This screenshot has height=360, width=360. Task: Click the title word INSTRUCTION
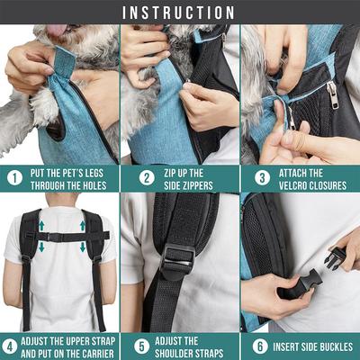179,13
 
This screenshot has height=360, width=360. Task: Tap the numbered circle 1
13,178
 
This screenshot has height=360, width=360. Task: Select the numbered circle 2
134,178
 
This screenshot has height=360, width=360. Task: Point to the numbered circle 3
255,178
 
